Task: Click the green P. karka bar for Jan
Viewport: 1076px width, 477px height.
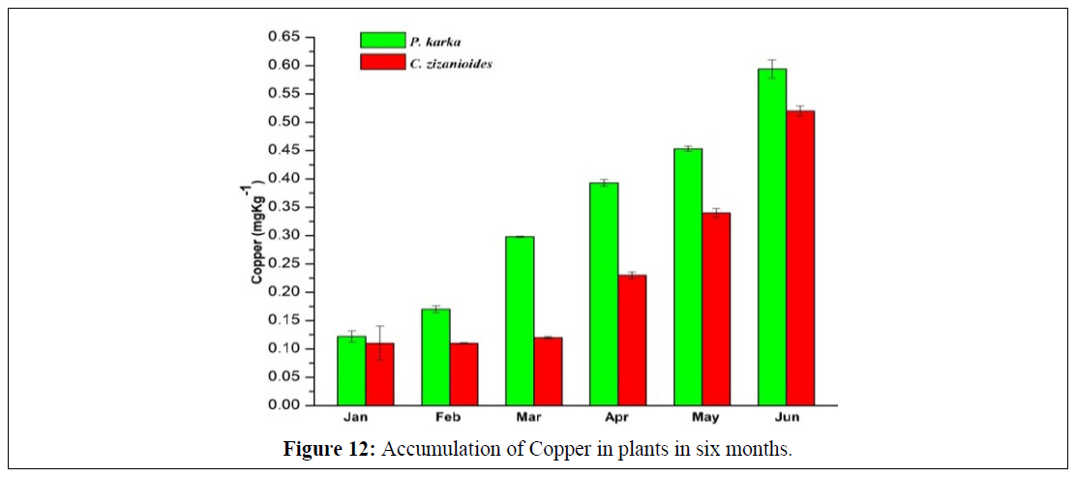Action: click(x=351, y=371)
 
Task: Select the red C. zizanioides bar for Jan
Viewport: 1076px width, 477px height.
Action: click(x=379, y=374)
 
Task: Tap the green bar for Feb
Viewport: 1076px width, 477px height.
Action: click(x=435, y=357)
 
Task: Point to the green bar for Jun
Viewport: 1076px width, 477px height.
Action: click(x=772, y=237)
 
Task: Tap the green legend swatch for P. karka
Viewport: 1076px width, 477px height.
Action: click(x=375, y=40)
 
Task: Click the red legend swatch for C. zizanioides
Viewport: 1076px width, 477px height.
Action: click(x=375, y=63)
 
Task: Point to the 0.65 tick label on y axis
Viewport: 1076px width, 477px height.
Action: click(x=284, y=37)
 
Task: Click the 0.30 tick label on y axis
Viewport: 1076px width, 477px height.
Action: click(x=284, y=235)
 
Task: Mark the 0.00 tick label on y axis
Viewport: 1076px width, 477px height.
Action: click(x=284, y=405)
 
